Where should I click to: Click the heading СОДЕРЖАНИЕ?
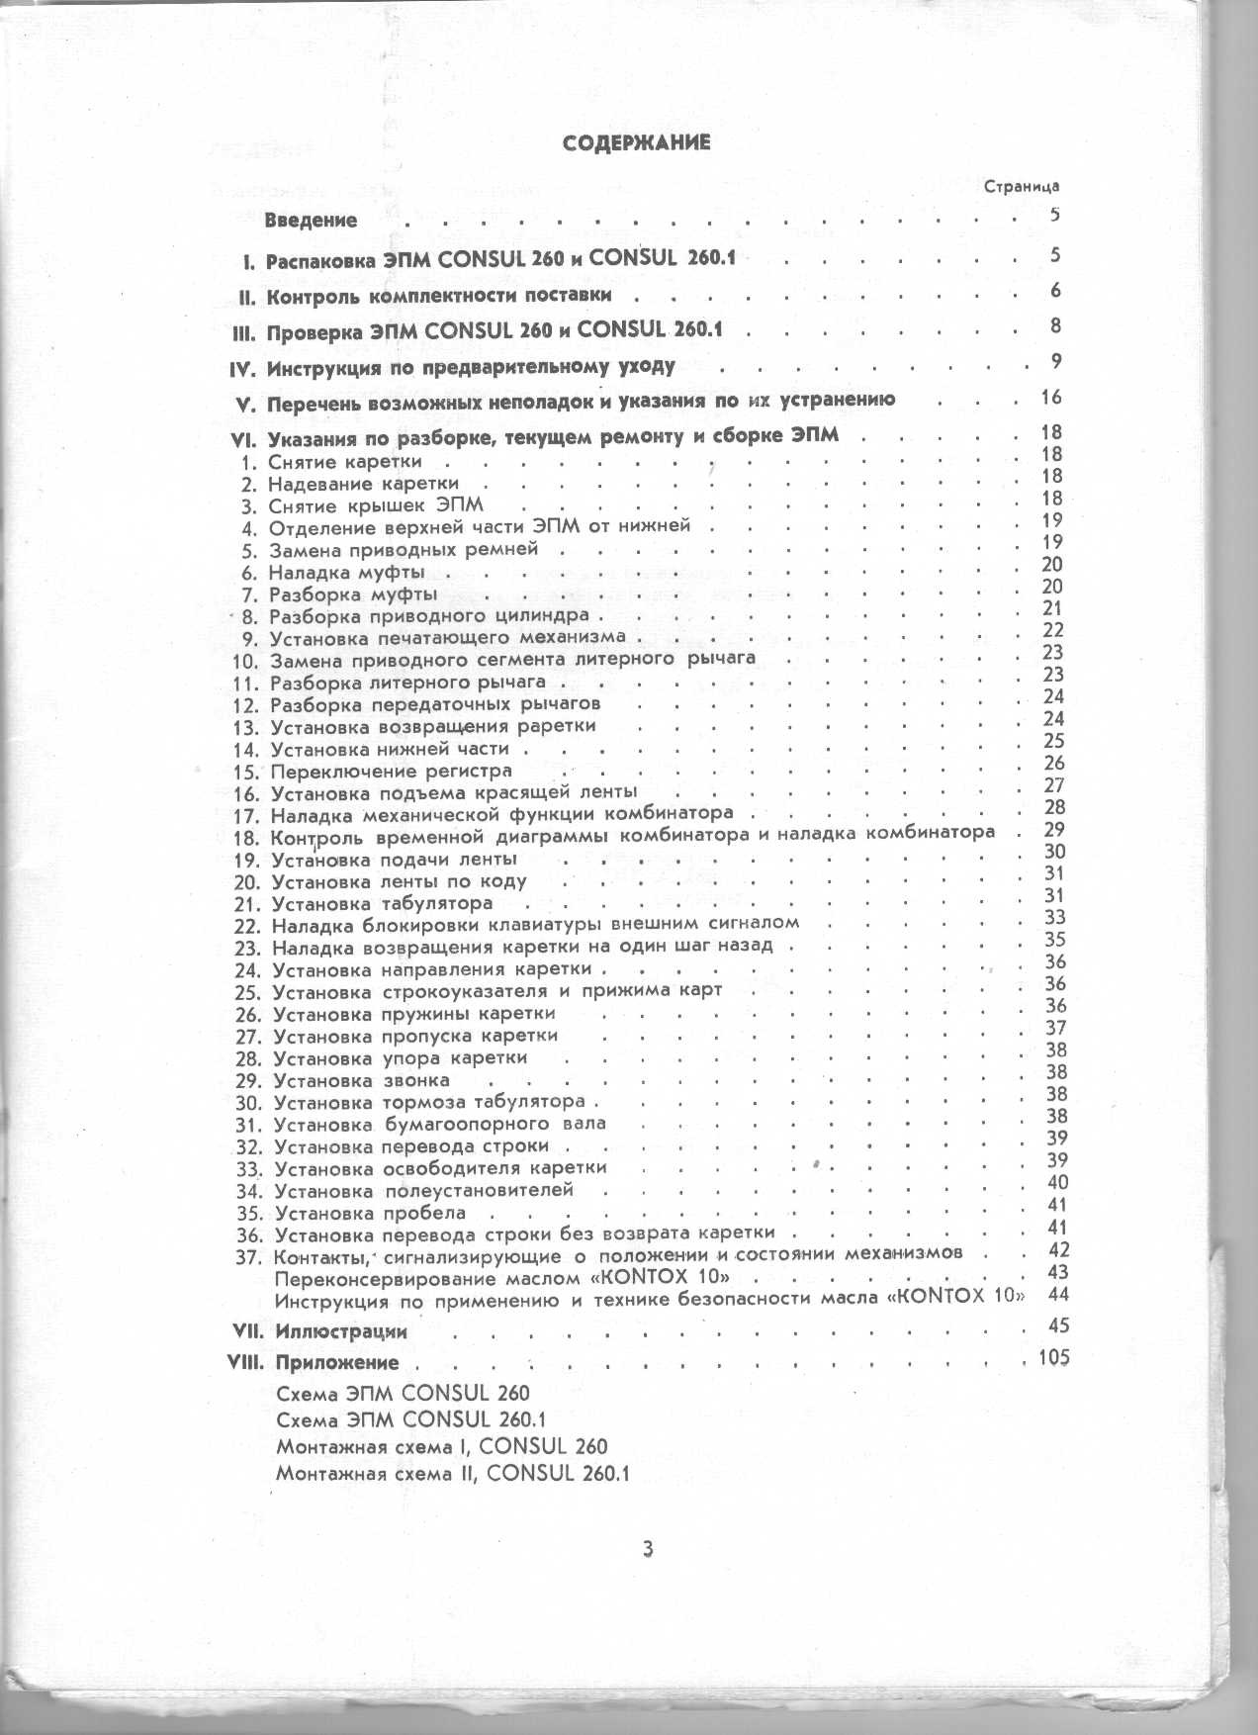pos(636,142)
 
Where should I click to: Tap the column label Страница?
pos(1022,186)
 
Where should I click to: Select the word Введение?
pos(311,220)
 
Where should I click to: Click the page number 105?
pos(1053,1357)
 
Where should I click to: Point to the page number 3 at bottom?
pos(648,1549)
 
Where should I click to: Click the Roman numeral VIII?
pos(245,1362)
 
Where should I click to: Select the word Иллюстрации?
pos(341,1331)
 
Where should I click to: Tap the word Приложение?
pos(337,1362)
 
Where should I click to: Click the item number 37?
pos(248,1257)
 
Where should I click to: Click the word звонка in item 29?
pos(416,1080)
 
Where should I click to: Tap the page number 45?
pos(1057,1325)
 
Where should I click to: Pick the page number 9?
pos(1056,361)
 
